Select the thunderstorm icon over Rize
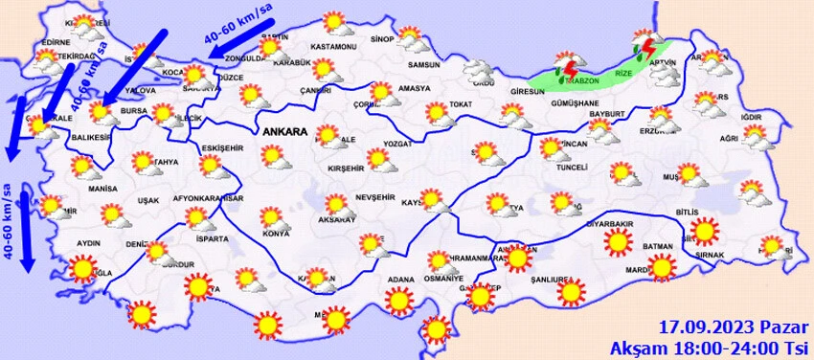pyautogui.click(x=647, y=47)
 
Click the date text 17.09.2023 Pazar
pyautogui.click(x=734, y=326)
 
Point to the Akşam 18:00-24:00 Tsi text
pyautogui.click(x=711, y=345)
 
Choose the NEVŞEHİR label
pyautogui.click(x=374, y=196)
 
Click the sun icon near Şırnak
pyautogui.click(x=706, y=232)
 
